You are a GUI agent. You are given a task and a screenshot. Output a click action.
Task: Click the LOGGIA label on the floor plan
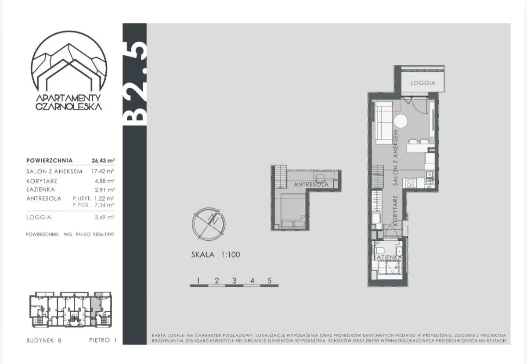423,83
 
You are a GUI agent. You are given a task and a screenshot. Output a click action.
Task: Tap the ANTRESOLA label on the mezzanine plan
311,185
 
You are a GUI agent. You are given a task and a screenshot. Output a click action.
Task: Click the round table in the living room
401,121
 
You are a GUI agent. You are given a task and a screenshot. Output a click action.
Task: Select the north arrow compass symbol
209,224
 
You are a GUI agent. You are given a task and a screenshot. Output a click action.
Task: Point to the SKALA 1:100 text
216,255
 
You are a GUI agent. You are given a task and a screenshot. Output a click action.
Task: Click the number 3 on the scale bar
234,281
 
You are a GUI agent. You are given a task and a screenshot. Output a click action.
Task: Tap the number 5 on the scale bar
270,281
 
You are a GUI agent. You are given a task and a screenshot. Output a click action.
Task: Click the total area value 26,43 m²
103,161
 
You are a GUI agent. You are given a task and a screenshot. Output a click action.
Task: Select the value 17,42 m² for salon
103,171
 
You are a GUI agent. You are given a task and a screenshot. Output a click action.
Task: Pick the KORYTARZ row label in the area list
42,181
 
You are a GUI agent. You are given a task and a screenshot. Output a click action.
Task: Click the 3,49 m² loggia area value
105,217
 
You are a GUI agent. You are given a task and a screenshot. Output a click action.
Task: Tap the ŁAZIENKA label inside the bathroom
388,257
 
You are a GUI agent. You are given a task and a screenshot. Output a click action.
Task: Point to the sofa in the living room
384,123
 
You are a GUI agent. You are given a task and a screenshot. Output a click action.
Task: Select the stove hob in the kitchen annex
411,183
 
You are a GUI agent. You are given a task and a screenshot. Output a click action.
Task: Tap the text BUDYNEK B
44,340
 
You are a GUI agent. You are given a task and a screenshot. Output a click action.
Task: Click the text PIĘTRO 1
103,340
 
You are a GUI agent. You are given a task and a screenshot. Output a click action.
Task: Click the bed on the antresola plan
293,211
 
